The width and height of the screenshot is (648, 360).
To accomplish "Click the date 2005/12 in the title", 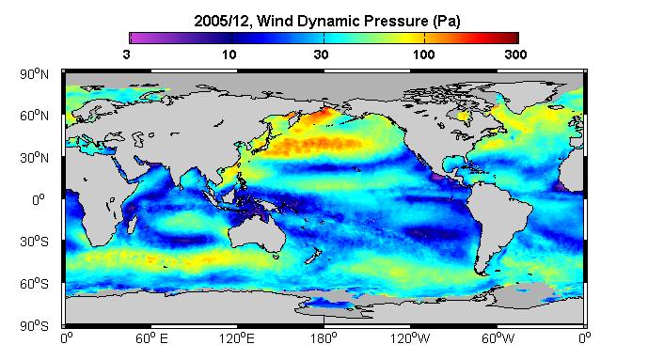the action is (x=221, y=21).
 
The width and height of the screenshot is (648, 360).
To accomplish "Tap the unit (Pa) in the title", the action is (x=447, y=21).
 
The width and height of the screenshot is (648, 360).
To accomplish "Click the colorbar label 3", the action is (x=126, y=55).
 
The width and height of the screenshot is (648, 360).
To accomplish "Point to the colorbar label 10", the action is (x=229, y=55).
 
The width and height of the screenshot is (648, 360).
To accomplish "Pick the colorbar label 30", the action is (x=321, y=55).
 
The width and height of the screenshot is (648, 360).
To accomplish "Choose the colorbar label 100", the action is (x=423, y=55).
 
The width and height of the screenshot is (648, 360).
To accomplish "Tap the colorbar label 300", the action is (x=515, y=55).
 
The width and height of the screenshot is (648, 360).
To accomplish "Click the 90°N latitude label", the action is (x=34, y=74).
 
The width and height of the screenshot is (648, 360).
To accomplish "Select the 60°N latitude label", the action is (x=34, y=116).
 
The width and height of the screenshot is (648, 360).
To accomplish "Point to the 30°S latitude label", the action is (x=34, y=242).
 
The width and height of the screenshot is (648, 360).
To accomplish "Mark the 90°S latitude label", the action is (x=34, y=326).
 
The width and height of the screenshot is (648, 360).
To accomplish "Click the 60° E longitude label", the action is (x=151, y=338).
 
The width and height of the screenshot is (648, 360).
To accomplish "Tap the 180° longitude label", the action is (x=324, y=338).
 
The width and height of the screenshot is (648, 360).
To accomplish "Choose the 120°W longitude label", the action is (x=410, y=338).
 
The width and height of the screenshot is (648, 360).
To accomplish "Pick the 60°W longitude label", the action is (x=498, y=338).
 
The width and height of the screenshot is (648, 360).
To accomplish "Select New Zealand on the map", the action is (x=312, y=255).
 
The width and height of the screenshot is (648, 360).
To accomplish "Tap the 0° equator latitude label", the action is (x=38, y=200).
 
